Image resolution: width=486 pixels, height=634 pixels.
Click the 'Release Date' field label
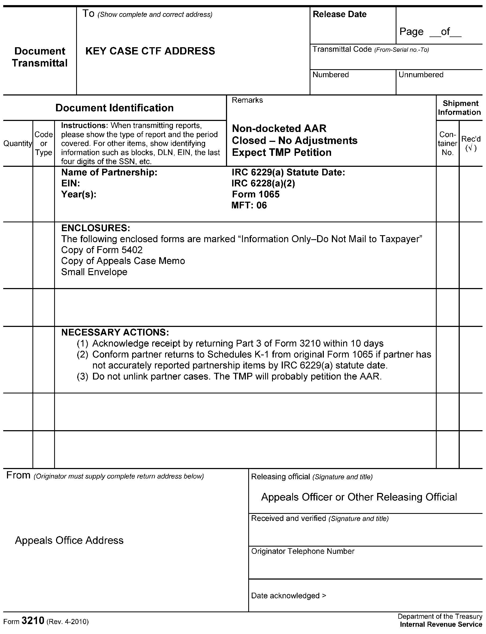pos(339,14)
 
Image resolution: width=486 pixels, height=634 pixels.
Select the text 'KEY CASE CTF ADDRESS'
pos(150,51)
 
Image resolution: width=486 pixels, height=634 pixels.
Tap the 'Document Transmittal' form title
pos(40,57)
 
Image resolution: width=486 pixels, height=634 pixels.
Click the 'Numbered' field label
pos(330,75)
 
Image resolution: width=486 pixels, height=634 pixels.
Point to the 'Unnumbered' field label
pos(421,75)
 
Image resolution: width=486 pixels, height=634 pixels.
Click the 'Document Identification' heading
pos(114,108)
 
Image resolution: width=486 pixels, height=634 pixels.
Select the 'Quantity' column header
pos(17,143)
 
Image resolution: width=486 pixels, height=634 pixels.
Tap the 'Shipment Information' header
pos(459,108)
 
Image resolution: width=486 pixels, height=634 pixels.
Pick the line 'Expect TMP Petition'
pos(281,153)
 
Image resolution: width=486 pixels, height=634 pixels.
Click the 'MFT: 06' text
pos(249,205)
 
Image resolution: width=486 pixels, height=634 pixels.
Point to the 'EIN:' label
pos(70,183)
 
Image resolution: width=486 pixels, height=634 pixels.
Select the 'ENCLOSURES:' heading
pos(95,228)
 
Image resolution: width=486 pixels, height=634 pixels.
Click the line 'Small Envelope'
pos(94,272)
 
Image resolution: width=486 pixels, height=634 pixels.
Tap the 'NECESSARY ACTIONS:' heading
pos(115,332)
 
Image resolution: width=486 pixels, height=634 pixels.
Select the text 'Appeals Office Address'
pos(69,540)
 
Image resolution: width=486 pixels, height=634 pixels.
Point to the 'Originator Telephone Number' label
pos(303,551)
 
